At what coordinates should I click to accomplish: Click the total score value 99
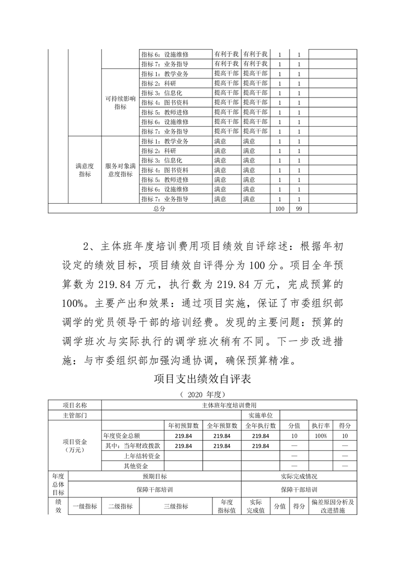(298, 209)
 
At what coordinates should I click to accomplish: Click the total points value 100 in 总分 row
(279, 209)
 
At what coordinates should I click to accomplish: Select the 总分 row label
(159, 209)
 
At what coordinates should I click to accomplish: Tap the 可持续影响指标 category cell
(121, 102)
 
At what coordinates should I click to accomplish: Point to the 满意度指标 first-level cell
(85, 170)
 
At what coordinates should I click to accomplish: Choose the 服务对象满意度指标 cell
(121, 170)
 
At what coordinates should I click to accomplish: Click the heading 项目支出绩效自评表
(203, 380)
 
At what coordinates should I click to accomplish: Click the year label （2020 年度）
(202, 395)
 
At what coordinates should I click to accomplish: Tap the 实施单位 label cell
(260, 415)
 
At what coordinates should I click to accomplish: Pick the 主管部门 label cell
(75, 415)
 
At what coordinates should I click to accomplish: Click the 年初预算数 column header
(184, 425)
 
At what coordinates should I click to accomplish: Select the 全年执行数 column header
(260, 425)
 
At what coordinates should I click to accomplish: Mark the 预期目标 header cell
(154, 476)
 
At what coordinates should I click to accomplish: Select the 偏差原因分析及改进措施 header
(332, 506)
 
